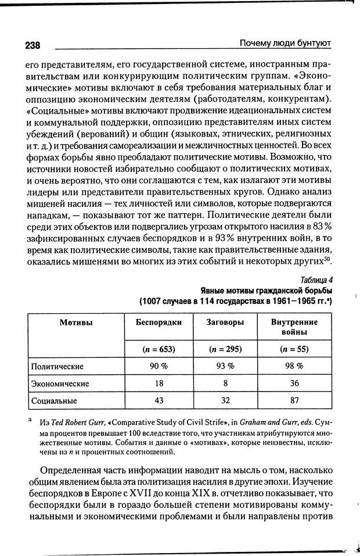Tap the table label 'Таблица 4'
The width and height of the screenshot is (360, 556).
click(317, 279)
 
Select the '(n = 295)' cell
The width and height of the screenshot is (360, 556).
click(224, 349)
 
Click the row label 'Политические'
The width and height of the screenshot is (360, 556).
click(58, 367)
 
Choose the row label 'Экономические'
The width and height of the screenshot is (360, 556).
click(60, 383)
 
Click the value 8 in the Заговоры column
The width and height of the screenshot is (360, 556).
click(224, 383)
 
